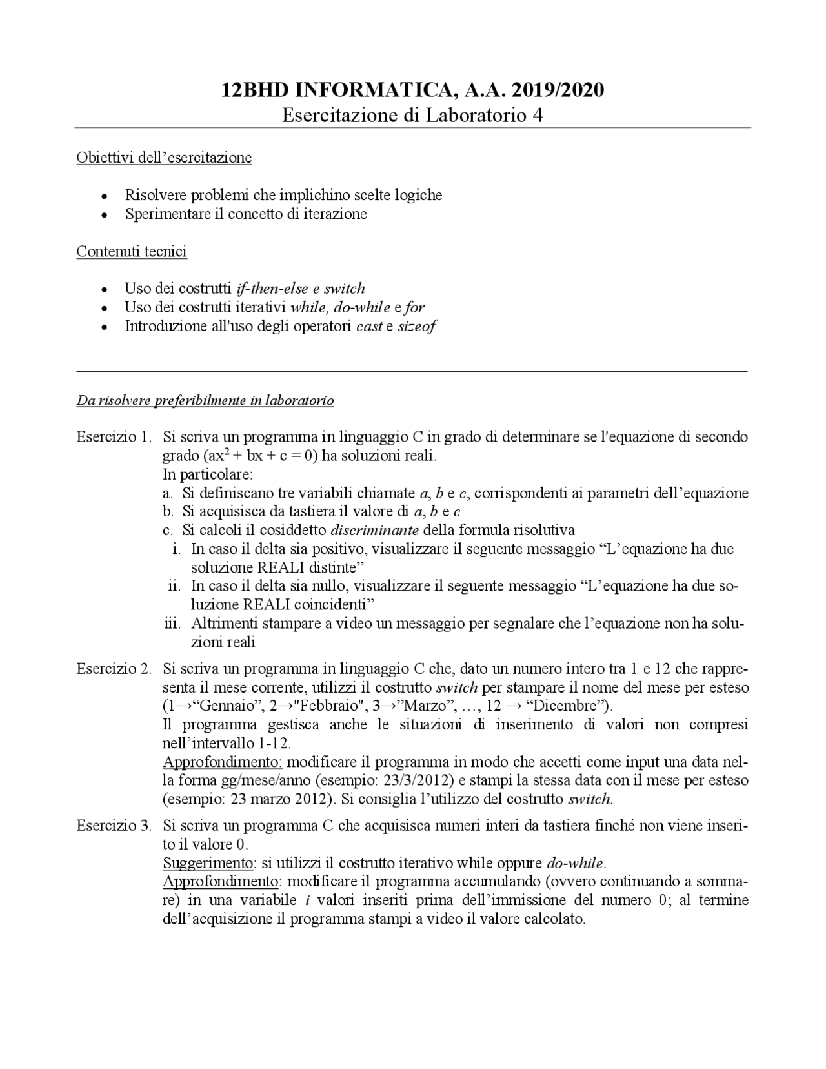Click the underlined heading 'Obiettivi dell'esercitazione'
[164, 158]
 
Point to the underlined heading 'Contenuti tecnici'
[132, 251]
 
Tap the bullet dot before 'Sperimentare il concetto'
[105, 215]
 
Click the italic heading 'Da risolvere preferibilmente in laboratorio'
[205, 401]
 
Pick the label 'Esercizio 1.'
[114, 437]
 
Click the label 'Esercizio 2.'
[114, 668]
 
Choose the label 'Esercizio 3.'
[114, 826]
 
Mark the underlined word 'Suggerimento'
[207, 864]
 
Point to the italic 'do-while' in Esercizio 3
[574, 864]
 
